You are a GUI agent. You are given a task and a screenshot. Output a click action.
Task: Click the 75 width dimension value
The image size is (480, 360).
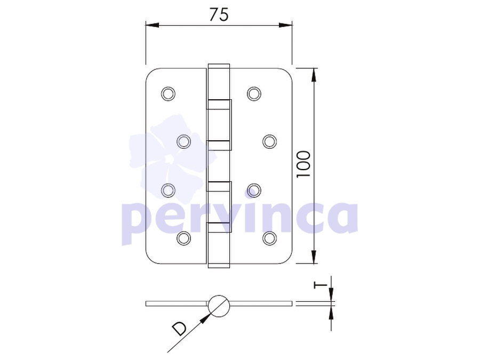coord(219,14)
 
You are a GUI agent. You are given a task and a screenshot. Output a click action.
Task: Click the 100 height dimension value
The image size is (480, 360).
coord(303,164)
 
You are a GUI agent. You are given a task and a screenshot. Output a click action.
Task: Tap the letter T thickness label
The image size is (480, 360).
coord(320,285)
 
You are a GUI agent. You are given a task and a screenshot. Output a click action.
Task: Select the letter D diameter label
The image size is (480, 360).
coord(179,329)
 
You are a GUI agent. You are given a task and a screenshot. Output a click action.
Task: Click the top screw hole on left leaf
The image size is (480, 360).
coord(168,94)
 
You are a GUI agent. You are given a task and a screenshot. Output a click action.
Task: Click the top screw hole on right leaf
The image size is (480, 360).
coord(254,94)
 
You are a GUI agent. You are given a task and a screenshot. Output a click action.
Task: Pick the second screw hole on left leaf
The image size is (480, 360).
coord(184,142)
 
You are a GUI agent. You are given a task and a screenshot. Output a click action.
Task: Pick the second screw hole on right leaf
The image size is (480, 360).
coord(270,142)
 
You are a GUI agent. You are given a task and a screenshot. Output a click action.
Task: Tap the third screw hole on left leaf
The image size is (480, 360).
coord(168,190)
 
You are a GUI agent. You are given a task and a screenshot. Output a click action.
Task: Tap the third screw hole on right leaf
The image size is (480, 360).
coord(254,190)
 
